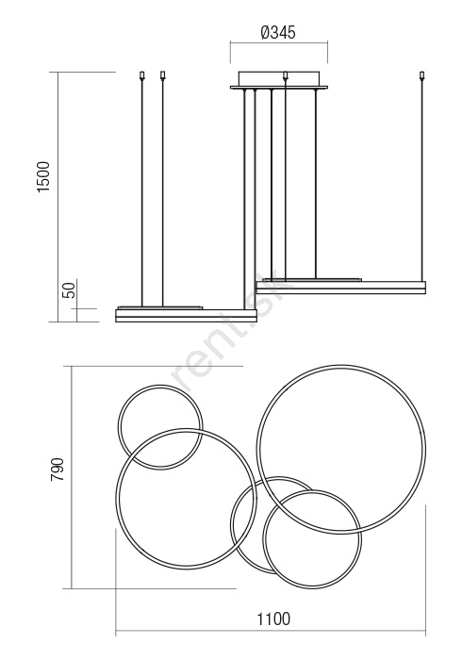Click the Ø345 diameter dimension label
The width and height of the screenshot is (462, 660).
click(x=278, y=32)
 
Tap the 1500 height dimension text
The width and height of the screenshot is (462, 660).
click(x=43, y=177)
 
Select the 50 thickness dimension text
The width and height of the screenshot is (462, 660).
click(x=70, y=290)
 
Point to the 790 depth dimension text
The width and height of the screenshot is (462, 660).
click(x=57, y=470)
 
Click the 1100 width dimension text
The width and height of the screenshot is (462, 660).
click(x=273, y=619)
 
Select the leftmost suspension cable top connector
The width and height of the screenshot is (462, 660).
click(x=142, y=75)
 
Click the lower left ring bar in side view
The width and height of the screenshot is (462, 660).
click(x=186, y=316)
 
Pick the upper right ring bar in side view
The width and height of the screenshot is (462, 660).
click(x=340, y=288)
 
